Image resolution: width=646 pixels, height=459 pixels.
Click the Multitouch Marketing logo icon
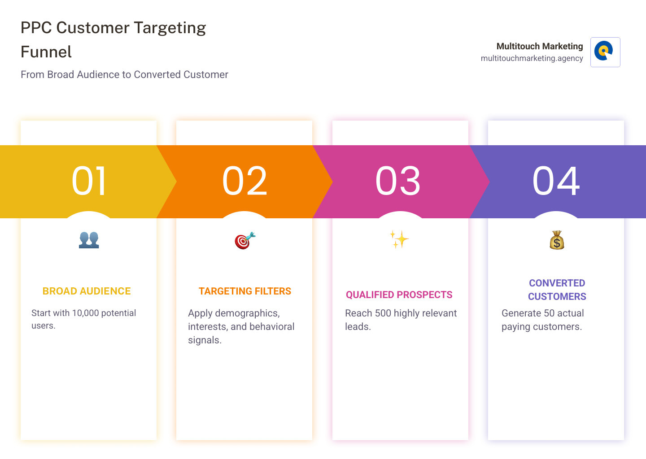click(x=605, y=52)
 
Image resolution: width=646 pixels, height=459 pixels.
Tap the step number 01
click(x=89, y=181)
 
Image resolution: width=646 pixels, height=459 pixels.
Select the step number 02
click(x=244, y=181)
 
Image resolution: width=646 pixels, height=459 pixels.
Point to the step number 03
click(x=397, y=181)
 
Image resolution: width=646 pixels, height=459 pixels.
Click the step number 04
click(x=556, y=181)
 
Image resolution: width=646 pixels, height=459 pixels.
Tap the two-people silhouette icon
click(x=89, y=240)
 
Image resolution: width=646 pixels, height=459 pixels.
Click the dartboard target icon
click(x=245, y=240)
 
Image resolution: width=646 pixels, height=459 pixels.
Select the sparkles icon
click(x=399, y=239)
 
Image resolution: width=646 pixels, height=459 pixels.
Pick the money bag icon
click(x=557, y=240)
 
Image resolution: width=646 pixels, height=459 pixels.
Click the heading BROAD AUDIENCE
click(x=87, y=291)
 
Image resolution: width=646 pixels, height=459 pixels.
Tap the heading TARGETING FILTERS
click(x=245, y=291)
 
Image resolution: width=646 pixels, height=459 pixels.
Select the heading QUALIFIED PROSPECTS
click(x=399, y=295)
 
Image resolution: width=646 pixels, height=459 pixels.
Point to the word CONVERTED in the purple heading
click(x=557, y=283)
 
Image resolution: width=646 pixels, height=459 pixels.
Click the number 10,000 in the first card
click(x=85, y=313)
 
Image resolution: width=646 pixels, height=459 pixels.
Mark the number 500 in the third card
click(x=383, y=313)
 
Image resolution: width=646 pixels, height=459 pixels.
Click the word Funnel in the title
click(x=46, y=52)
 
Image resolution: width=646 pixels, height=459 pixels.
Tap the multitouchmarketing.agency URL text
click(x=532, y=58)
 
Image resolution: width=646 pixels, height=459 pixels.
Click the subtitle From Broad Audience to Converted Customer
click(x=124, y=74)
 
